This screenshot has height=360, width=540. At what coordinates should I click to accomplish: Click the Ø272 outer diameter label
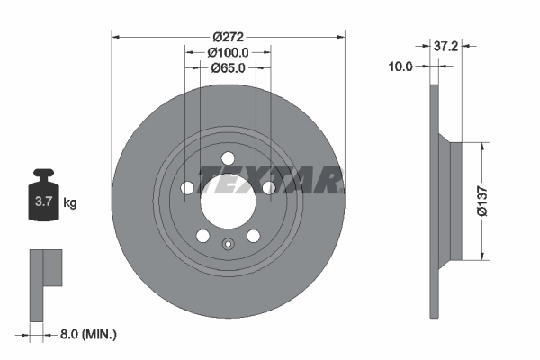pos(229,37)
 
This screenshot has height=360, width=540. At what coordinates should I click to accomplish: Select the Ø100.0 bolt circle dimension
pos(229,53)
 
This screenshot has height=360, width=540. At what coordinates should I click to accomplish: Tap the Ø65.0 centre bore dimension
pos(229,67)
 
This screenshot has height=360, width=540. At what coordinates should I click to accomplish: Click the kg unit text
pos(70,203)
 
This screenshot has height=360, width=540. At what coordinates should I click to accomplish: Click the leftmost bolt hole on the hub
pos(187,189)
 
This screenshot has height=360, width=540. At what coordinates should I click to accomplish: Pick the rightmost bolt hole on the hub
pos(269,189)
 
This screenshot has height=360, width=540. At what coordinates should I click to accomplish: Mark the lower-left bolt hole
pos(203,236)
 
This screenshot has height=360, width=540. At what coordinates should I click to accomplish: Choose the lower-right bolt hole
pos(254,236)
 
